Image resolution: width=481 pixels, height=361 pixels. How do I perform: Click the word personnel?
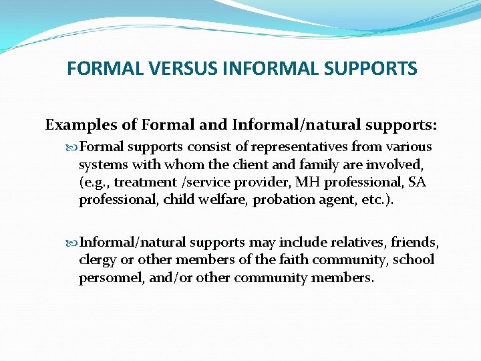[x=108, y=277]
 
